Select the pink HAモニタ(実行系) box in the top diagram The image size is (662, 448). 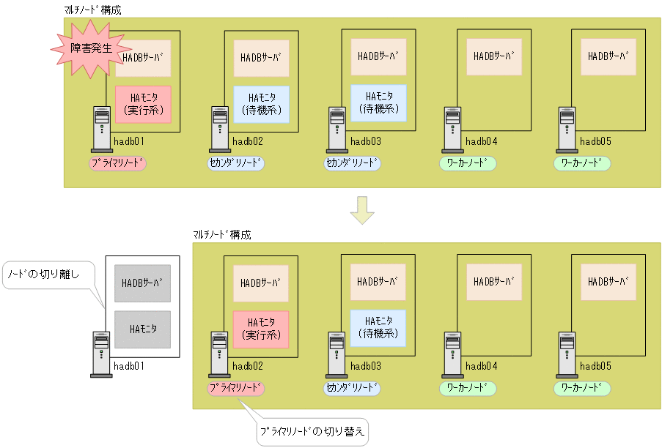(x=143, y=105)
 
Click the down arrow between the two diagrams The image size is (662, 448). (x=361, y=209)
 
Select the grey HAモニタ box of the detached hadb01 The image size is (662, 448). (x=142, y=329)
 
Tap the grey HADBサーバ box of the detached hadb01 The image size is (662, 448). (x=142, y=283)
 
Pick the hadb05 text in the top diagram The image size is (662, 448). (x=596, y=141)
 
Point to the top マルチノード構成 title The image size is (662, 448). (x=93, y=10)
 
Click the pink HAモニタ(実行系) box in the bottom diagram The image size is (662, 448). (x=260, y=329)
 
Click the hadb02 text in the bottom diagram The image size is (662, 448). (x=248, y=366)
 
